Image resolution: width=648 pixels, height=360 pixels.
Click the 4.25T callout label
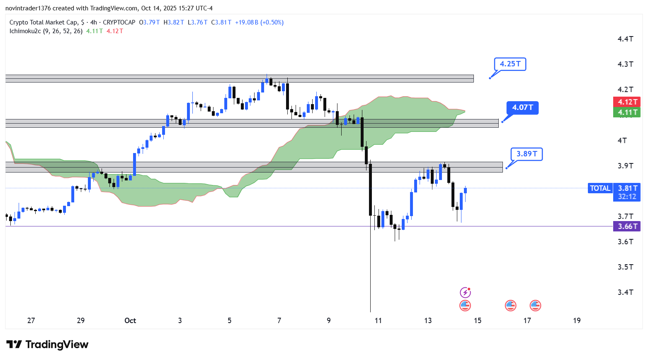tap(510, 64)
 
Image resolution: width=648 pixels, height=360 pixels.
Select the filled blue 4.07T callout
tap(522, 108)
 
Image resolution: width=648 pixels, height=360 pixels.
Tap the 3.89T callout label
tap(527, 154)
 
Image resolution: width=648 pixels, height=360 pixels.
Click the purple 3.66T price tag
tap(627, 226)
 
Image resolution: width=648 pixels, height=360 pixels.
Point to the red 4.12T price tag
tap(627, 102)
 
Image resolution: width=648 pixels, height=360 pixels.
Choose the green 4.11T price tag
tap(627, 112)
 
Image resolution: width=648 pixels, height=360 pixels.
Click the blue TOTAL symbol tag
tap(600, 188)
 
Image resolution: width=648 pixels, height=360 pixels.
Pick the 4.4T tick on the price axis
tap(625, 39)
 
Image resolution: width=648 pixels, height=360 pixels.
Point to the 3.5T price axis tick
tap(625, 267)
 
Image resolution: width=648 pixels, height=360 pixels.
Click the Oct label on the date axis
tap(130, 321)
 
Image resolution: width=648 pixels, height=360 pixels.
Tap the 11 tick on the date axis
tap(378, 321)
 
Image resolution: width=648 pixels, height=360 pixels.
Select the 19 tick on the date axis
tap(577, 321)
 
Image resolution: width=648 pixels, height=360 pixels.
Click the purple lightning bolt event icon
tap(465, 293)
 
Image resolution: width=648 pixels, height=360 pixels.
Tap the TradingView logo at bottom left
tap(48, 345)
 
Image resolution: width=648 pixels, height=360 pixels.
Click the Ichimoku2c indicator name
tap(25, 31)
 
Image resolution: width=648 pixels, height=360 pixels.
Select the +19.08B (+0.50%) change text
tap(259, 22)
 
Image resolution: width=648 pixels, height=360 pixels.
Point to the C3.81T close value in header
tap(221, 22)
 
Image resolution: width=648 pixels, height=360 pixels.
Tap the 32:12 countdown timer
tap(627, 197)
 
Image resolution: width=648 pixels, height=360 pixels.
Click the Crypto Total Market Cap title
tap(43, 22)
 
